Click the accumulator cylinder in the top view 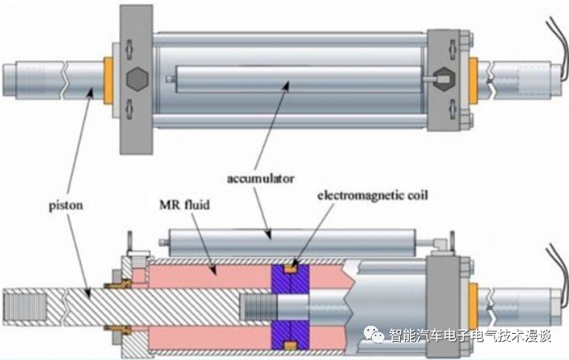[x=293, y=80]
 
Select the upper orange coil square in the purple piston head [x=291, y=267]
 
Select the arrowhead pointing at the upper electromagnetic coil [x=298, y=262]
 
